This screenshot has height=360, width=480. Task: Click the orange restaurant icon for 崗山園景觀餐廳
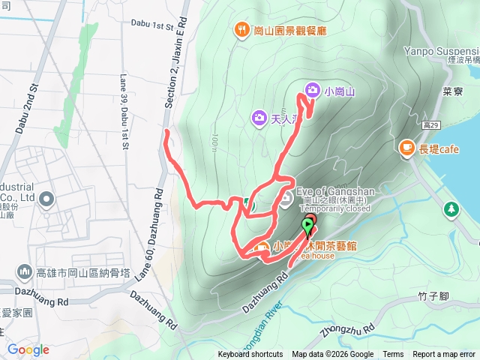[241, 31]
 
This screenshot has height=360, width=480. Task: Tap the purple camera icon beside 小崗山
[311, 91]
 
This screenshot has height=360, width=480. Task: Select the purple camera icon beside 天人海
[258, 118]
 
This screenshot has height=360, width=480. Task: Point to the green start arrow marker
[308, 225]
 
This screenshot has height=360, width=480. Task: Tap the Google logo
[28, 349]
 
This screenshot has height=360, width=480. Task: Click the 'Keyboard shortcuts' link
[250, 355]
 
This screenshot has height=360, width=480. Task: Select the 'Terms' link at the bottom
[393, 355]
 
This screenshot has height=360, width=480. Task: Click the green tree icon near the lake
[451, 208]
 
